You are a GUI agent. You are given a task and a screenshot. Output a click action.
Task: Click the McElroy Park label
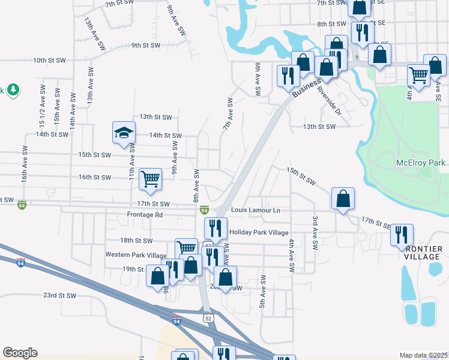(x=421, y=163)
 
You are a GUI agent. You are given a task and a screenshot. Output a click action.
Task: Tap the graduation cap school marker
(x=124, y=133)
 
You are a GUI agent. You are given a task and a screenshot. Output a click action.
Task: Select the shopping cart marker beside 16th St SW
(x=150, y=178)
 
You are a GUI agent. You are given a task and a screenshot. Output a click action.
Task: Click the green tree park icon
(x=13, y=90)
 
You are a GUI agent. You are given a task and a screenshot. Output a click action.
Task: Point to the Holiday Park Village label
(x=259, y=233)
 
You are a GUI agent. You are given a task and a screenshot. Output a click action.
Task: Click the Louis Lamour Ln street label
(x=256, y=211)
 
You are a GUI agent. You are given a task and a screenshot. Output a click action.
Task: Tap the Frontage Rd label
(x=145, y=214)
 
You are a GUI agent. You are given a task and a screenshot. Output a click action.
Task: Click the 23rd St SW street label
(x=59, y=295)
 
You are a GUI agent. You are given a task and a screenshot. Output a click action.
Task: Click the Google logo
(x=20, y=353)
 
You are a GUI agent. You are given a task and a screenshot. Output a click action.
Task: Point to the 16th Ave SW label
(x=25, y=166)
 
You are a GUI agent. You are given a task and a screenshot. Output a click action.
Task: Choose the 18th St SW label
(x=134, y=240)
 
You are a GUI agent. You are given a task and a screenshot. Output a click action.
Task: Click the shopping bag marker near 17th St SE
(x=343, y=199)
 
